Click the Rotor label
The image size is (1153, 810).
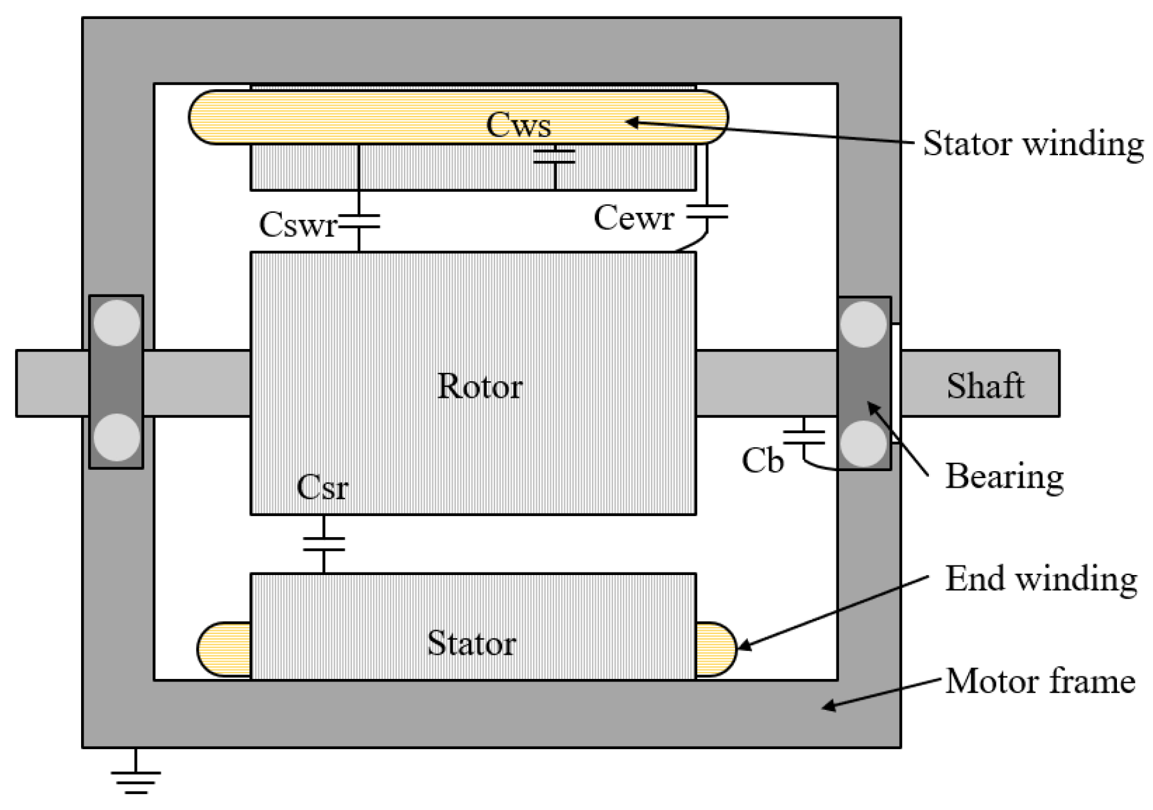point(479,386)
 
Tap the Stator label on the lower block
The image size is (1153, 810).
point(471,643)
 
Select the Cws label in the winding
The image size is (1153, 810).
point(518,125)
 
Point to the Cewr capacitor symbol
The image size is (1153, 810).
point(707,212)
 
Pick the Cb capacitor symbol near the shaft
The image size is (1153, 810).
point(803,436)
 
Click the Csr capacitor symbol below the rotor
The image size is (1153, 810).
point(324,544)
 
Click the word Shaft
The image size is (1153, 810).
point(985,386)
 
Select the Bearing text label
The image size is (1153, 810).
point(1004,476)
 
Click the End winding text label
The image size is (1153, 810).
point(1040,579)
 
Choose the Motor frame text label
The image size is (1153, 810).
point(1040,682)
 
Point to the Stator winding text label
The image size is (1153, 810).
point(1033,144)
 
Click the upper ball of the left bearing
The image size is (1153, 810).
point(117,323)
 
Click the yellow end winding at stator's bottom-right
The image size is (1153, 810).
point(715,650)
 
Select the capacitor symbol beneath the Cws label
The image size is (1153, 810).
point(555,156)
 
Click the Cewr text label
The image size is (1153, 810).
point(633,218)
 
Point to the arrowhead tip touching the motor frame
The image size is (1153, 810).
point(824,708)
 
